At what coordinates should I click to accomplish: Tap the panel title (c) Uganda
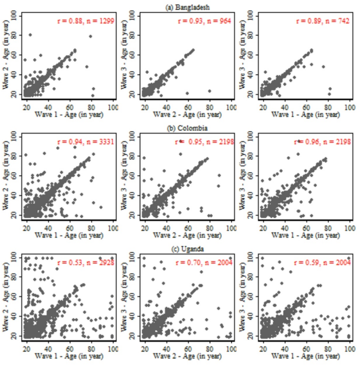(180, 248)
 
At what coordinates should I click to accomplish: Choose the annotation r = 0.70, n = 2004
(204, 262)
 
